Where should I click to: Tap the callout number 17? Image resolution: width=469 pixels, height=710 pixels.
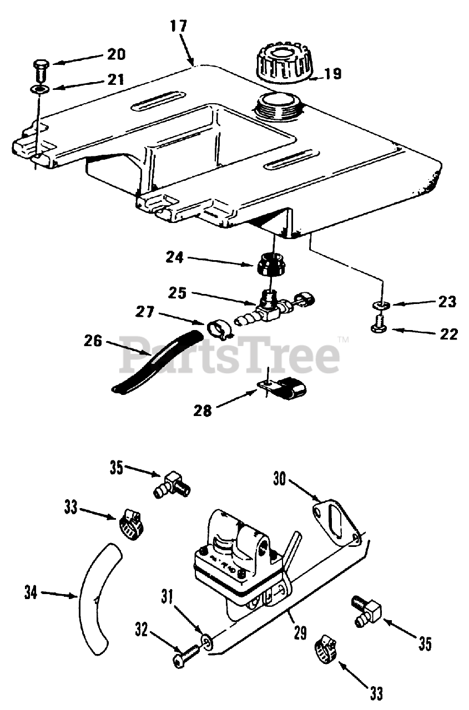[x=179, y=27]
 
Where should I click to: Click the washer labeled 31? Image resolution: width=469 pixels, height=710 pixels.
[x=208, y=642]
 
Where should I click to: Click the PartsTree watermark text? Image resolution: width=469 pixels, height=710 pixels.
[x=230, y=355]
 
